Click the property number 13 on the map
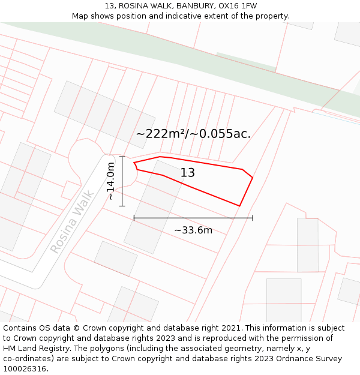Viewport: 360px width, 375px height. (188, 173)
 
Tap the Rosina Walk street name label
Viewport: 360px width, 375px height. (72, 221)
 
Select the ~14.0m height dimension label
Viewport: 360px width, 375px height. (110, 181)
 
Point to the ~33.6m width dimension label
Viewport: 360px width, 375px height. (193, 230)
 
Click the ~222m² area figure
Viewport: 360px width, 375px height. (161, 134)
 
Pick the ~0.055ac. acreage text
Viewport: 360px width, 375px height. (221, 134)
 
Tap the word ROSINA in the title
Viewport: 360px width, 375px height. (131, 6)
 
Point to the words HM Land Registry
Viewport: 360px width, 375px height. (38, 349)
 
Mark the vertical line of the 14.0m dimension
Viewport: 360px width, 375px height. (122, 181)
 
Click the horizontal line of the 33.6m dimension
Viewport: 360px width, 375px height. (193, 218)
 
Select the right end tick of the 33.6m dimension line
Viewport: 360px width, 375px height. (253, 218)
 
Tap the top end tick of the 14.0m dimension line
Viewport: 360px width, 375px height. (122, 157)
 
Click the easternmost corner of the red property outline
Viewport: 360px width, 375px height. (253, 178)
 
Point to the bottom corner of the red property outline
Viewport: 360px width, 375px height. (239, 206)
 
